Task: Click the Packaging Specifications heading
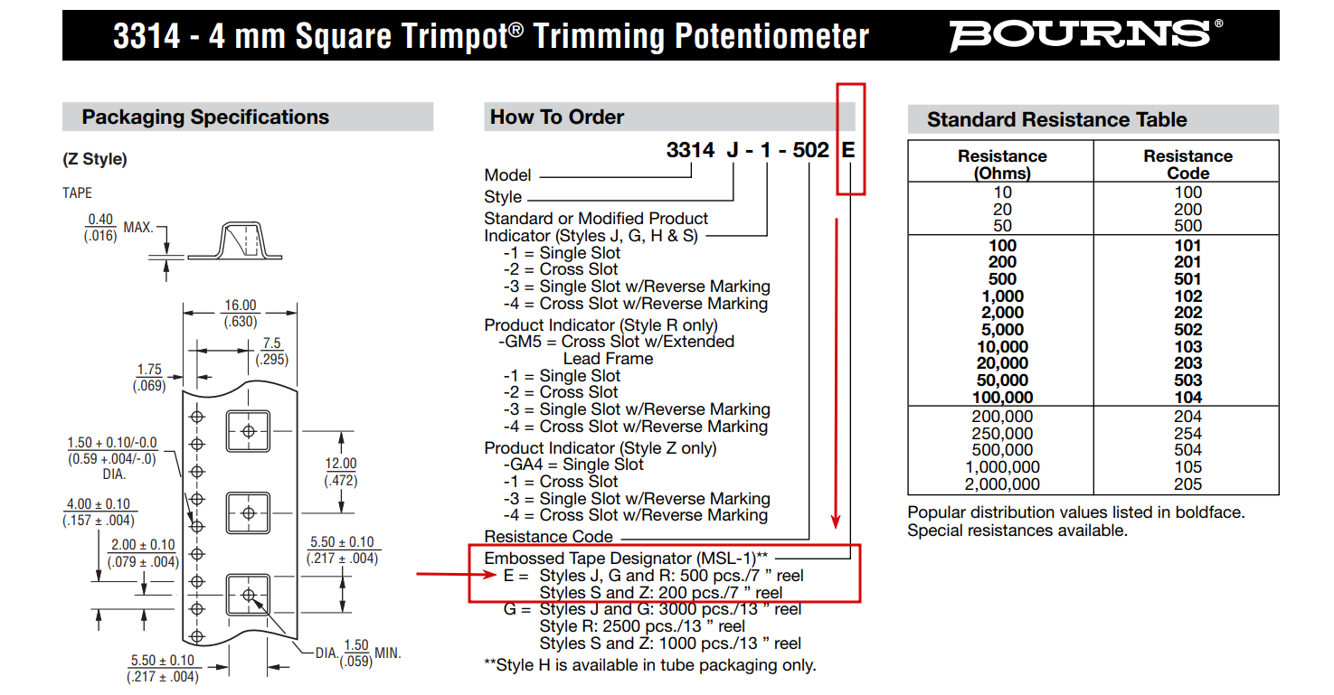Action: [x=205, y=117]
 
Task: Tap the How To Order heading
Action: [x=557, y=117]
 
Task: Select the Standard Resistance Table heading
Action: [x=1057, y=119]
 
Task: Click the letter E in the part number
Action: [x=848, y=150]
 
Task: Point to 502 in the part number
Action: [x=810, y=150]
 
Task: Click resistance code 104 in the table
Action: [x=1188, y=398]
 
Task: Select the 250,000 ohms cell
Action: [x=1002, y=433]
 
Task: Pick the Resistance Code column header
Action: [x=1188, y=164]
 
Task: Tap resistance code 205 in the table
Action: [x=1188, y=484]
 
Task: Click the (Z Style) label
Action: [x=95, y=159]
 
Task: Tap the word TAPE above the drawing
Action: [x=78, y=193]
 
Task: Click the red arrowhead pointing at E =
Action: [x=489, y=575]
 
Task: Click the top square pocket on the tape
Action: [x=249, y=431]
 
